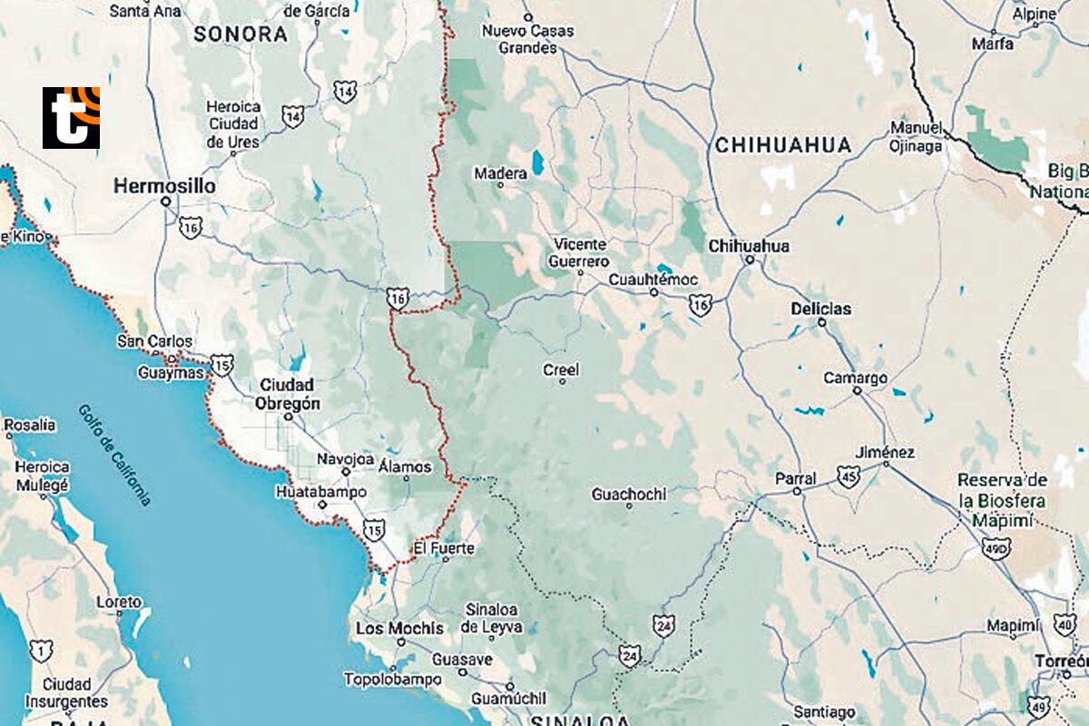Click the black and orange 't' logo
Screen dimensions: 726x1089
click(x=71, y=118)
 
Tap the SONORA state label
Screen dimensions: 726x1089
click(x=240, y=35)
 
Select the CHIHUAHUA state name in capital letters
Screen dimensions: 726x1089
click(x=783, y=145)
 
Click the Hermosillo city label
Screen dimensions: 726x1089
click(x=164, y=186)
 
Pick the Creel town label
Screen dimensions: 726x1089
click(x=561, y=370)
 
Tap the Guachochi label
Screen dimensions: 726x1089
click(x=628, y=495)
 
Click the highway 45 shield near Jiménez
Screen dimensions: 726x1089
click(x=849, y=477)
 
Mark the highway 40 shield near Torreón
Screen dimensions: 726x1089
click(x=1065, y=624)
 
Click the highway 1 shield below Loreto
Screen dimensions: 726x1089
click(x=41, y=650)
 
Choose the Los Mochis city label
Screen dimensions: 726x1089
click(x=399, y=628)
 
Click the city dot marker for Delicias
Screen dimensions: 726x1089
click(x=822, y=322)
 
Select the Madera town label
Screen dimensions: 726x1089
click(x=500, y=173)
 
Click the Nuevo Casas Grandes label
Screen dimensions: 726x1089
click(x=527, y=39)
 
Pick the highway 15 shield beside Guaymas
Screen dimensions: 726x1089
click(x=222, y=365)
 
